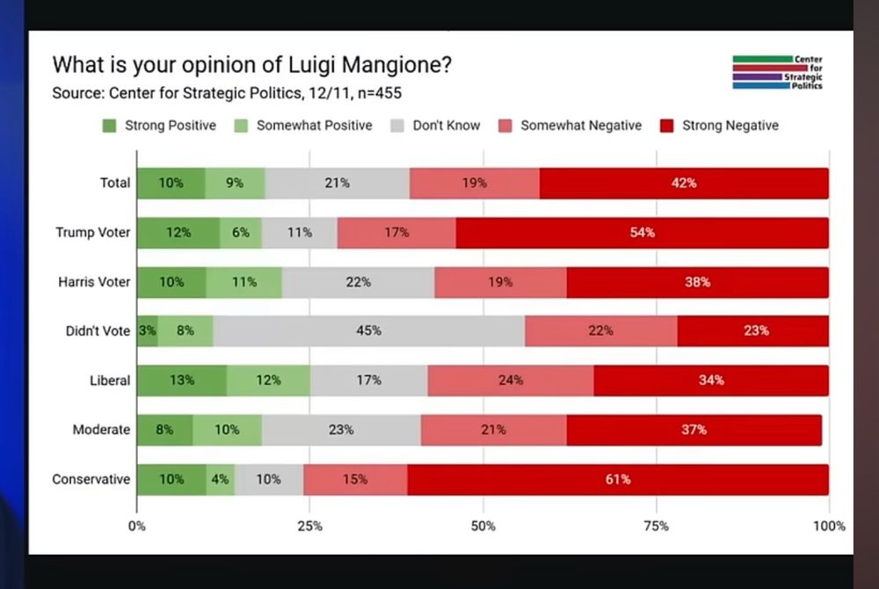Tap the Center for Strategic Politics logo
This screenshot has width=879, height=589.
(x=777, y=72)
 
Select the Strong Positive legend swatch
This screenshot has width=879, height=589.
(x=110, y=126)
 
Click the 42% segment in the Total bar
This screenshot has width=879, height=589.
(x=684, y=183)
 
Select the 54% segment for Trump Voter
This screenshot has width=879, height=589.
(x=642, y=233)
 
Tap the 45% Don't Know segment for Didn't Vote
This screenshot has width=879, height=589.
(x=368, y=331)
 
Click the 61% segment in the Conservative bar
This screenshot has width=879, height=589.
(x=617, y=479)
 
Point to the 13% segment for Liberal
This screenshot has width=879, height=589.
(x=181, y=381)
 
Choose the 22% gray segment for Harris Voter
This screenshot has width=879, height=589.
(x=358, y=282)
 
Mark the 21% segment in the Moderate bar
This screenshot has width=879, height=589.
(x=493, y=430)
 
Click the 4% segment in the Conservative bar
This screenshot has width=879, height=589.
(x=220, y=479)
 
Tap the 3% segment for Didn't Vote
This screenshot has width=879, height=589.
(x=147, y=331)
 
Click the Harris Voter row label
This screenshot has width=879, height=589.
(x=93, y=282)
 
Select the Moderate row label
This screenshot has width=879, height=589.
(x=101, y=430)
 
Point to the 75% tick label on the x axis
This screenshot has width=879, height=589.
(x=656, y=526)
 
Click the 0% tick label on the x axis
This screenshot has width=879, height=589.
(x=137, y=526)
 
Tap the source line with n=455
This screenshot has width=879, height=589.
(x=227, y=93)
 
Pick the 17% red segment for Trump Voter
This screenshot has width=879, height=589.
(x=396, y=233)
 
